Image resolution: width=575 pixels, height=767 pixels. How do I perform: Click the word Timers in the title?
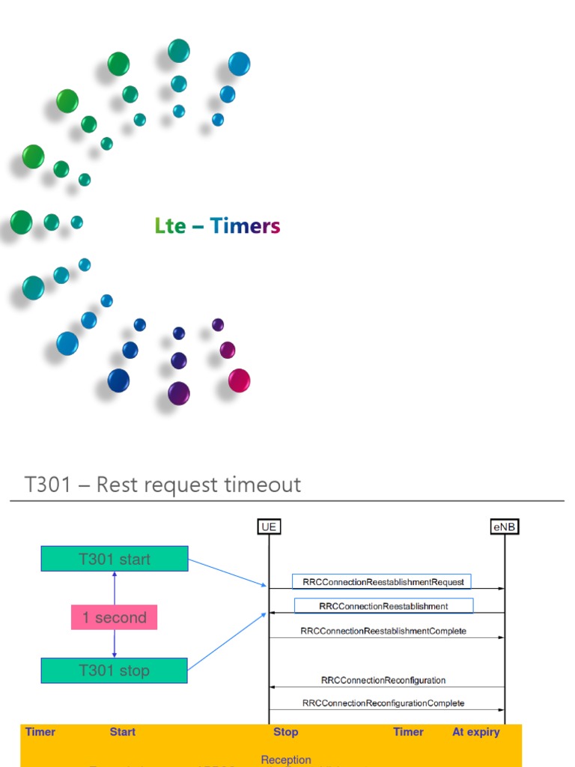click(x=245, y=225)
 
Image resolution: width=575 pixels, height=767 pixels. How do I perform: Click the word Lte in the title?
click(x=170, y=225)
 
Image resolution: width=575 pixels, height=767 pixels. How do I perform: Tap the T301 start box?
click(x=115, y=559)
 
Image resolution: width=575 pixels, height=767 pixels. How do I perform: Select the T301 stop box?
click(x=115, y=670)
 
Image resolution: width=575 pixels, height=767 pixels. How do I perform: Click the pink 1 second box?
click(x=115, y=617)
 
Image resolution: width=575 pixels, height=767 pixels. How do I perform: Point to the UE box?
click(x=269, y=527)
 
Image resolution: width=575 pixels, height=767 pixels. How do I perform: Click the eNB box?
click(x=505, y=527)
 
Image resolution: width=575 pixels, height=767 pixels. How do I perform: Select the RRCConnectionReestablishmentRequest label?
click(x=383, y=582)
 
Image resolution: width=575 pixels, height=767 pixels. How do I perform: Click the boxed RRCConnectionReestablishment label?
click(x=383, y=606)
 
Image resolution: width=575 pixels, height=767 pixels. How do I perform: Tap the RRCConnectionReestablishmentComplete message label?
click(x=383, y=631)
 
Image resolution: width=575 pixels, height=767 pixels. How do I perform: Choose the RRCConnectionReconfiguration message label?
click(x=383, y=680)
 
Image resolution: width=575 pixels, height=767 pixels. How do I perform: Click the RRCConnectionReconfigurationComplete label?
click(x=383, y=703)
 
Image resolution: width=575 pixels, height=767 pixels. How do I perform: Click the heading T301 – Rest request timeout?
click(x=162, y=485)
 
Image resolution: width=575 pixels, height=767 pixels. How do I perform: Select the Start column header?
click(x=123, y=732)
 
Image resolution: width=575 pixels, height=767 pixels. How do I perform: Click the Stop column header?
click(x=285, y=732)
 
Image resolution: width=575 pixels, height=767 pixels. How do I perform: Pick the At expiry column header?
click(x=475, y=732)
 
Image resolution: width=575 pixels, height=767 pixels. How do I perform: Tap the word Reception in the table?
click(x=285, y=760)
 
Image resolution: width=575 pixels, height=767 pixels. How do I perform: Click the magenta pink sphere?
click(x=239, y=381)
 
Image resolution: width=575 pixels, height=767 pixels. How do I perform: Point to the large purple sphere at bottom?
click(x=178, y=393)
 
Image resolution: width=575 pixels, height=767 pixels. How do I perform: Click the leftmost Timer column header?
click(x=40, y=732)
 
